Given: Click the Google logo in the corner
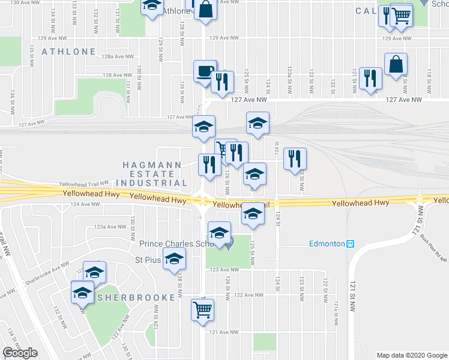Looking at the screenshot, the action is pyautogui.click(x=20, y=353).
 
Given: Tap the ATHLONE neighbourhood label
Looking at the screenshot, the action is pyautogui.click(x=68, y=52).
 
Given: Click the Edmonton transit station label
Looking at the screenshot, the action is pyautogui.click(x=330, y=244).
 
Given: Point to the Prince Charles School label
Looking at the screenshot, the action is pyautogui.click(x=176, y=244).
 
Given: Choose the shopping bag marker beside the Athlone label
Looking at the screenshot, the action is pyautogui.click(x=205, y=10).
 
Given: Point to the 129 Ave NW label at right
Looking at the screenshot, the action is pyautogui.click(x=397, y=38).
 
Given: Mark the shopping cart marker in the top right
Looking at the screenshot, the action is pyautogui.click(x=401, y=16).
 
